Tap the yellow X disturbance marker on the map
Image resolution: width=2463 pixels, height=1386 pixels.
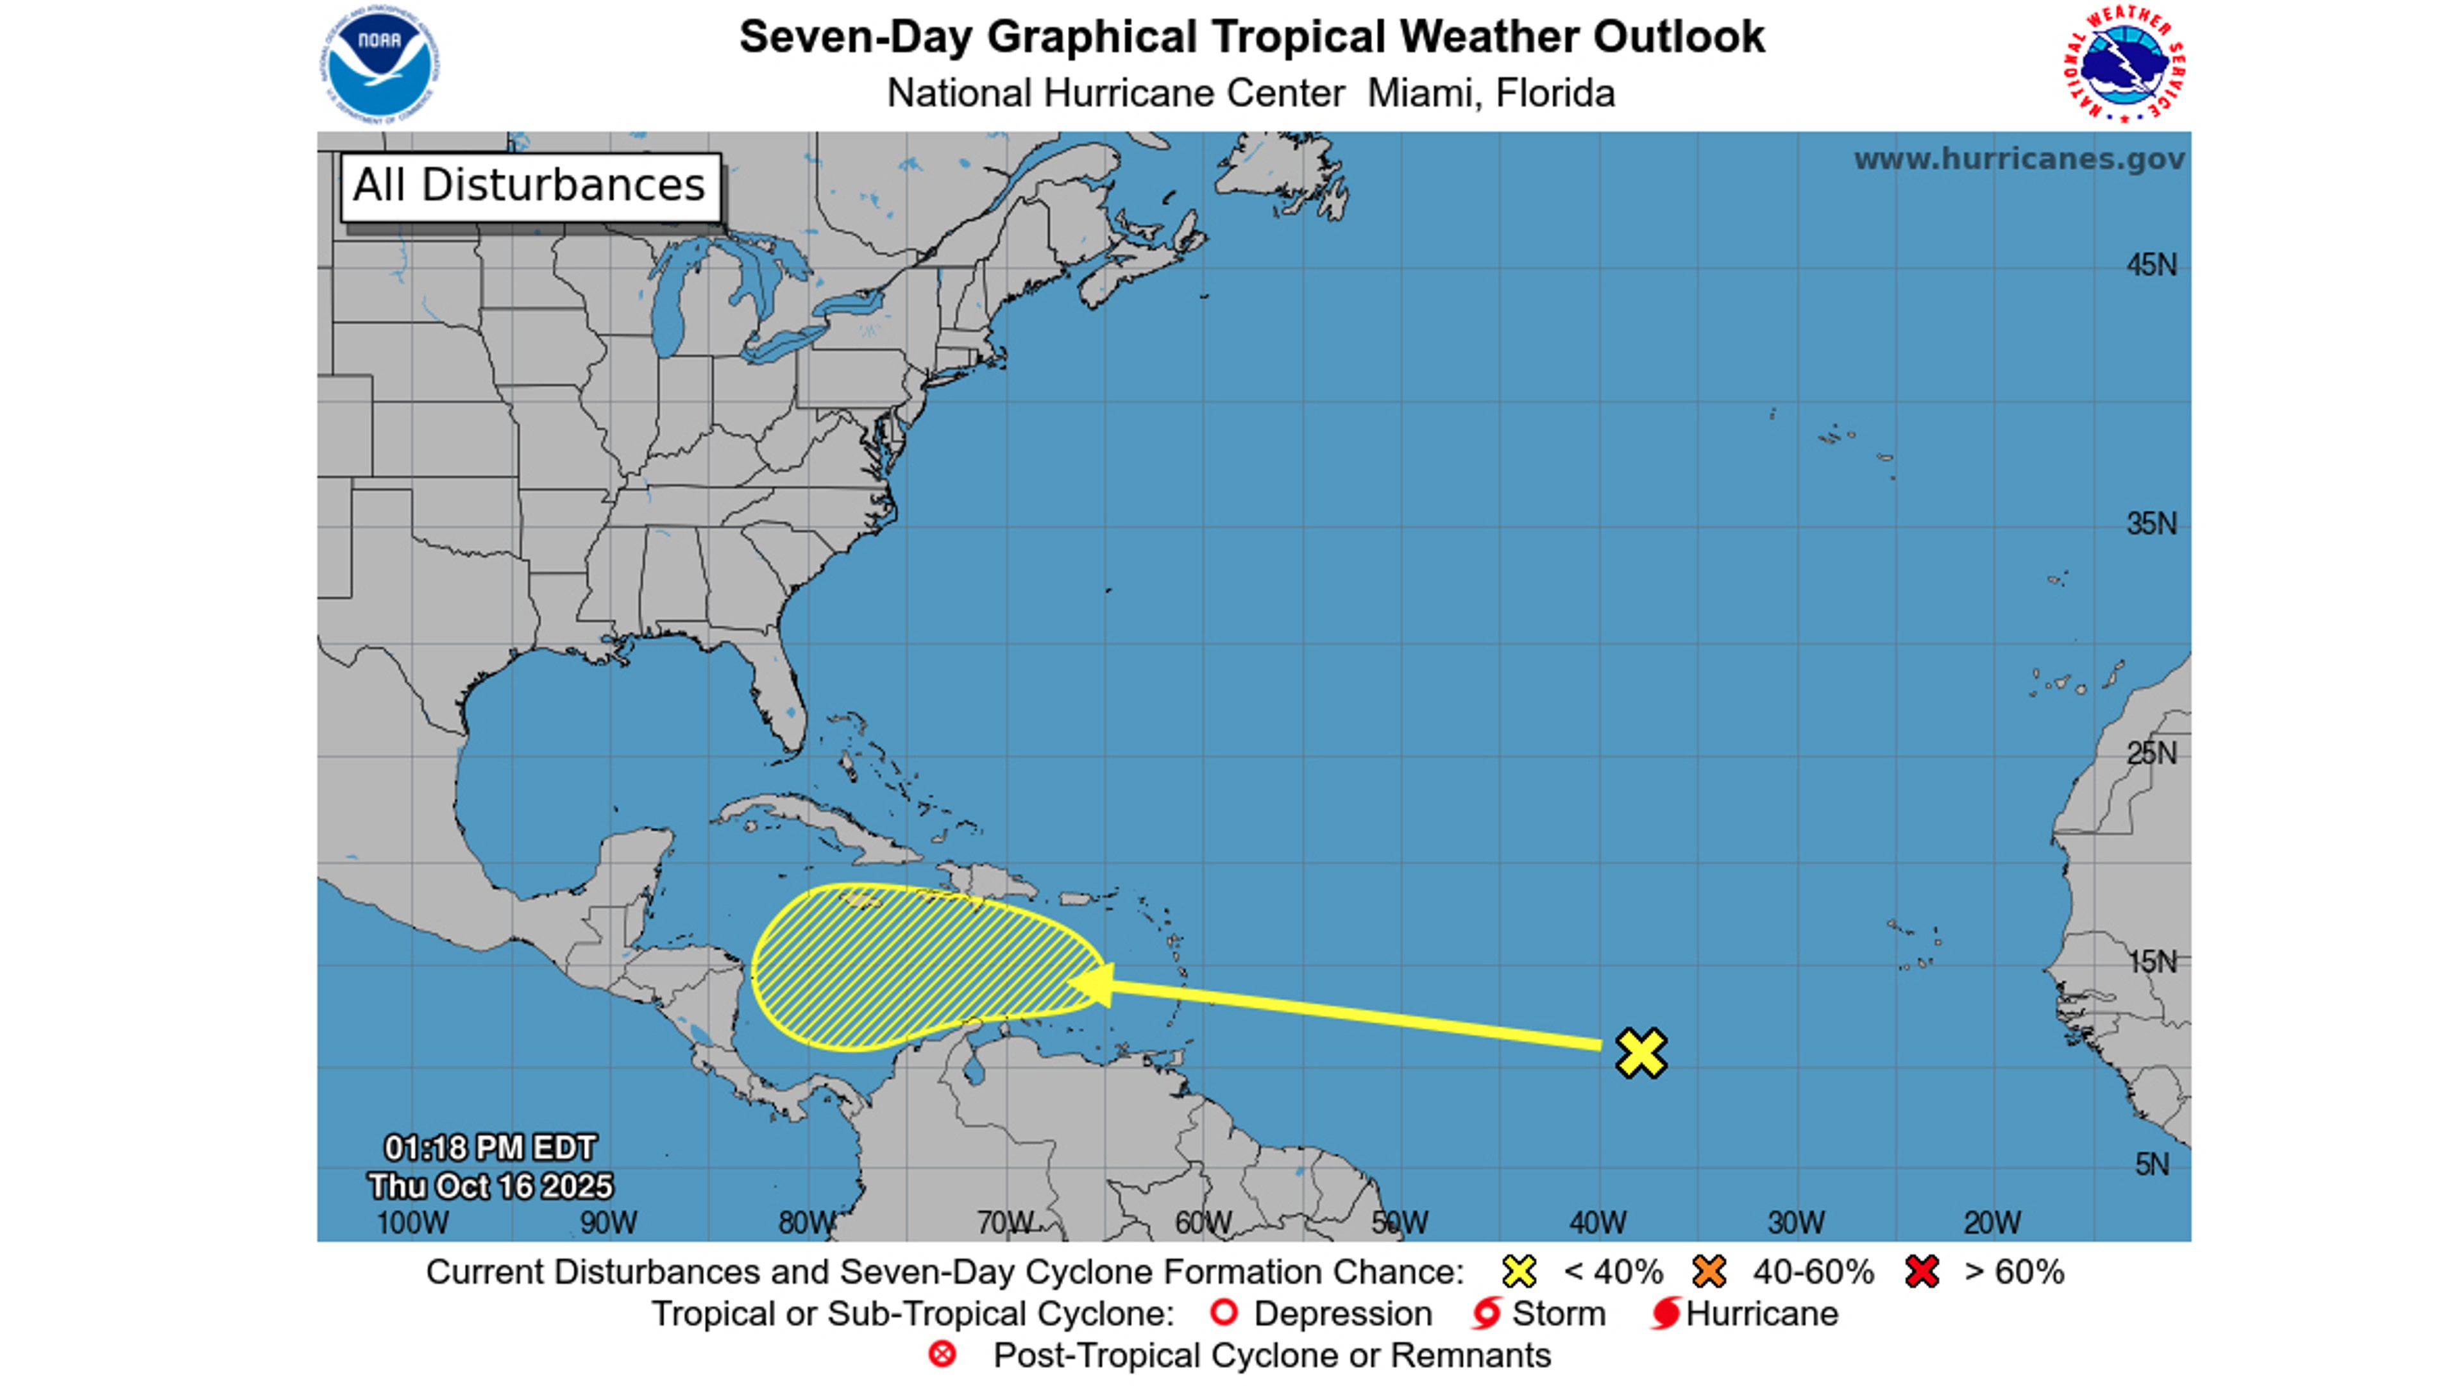tap(1641, 1052)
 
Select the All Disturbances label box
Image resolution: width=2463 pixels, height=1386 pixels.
tap(530, 187)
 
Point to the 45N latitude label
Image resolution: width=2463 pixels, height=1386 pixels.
tap(2151, 265)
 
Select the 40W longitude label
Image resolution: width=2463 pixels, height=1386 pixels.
tap(1598, 1222)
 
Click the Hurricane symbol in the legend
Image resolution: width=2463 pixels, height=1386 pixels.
tap(1664, 1314)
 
